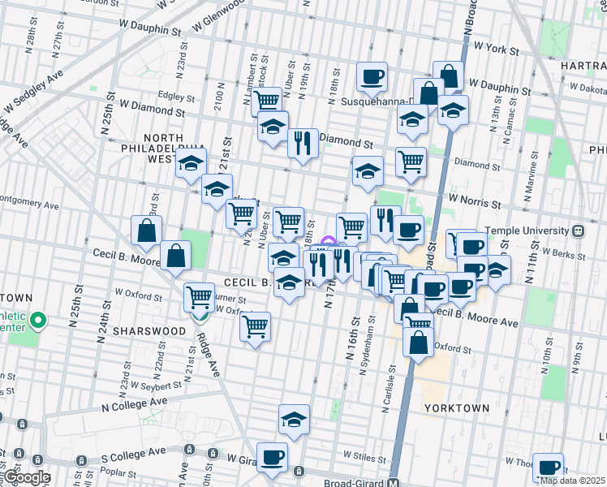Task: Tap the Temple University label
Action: coord(527,231)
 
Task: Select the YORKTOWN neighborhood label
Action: coord(456,408)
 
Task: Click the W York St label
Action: coord(496,50)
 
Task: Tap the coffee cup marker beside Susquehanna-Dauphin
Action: coord(372,77)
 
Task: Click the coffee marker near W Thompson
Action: coord(549,467)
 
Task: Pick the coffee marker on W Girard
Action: coord(272,456)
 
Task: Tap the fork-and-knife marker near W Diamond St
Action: coord(303,144)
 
